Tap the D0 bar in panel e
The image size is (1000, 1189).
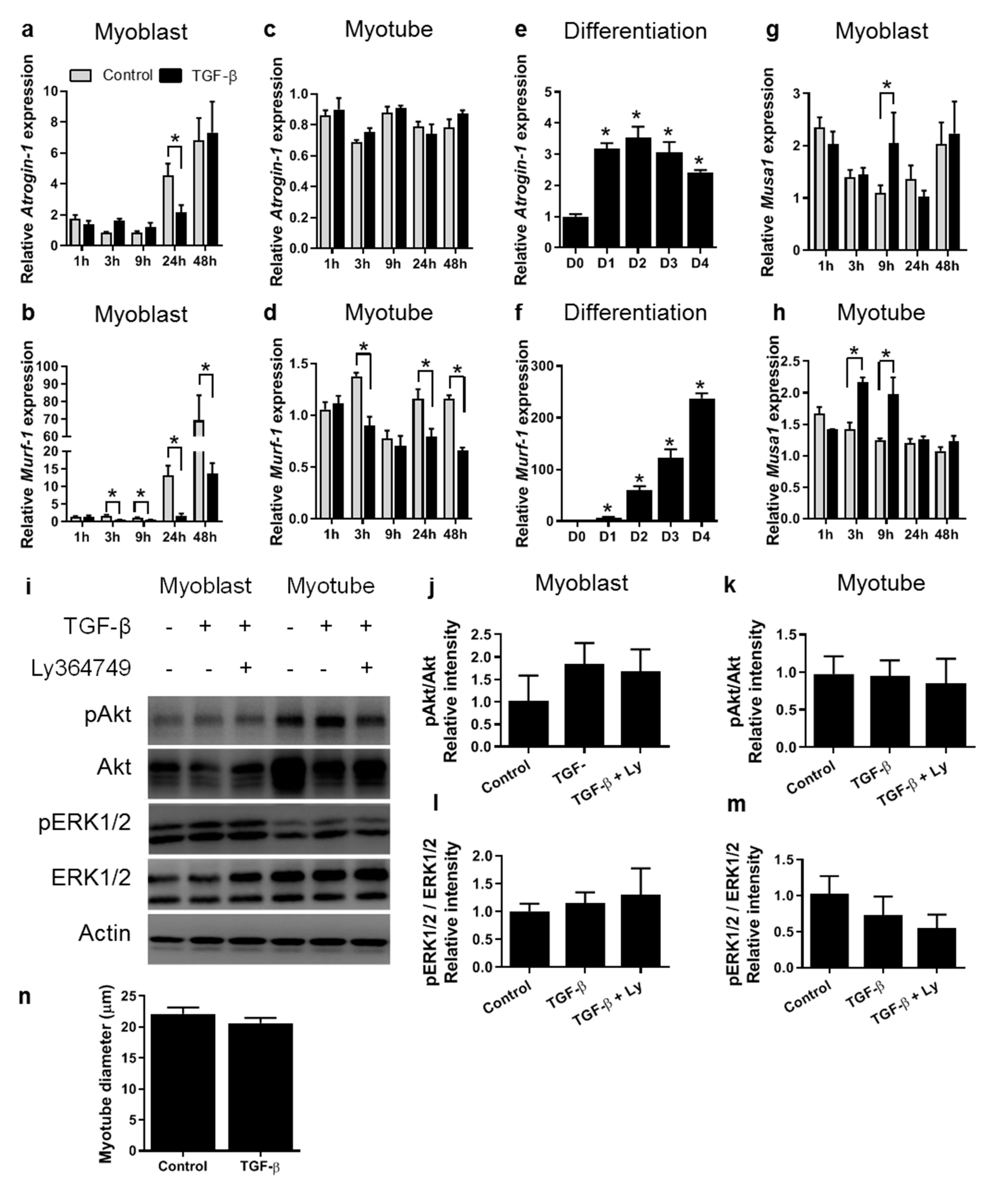(x=575, y=233)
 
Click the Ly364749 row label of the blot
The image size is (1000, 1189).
(x=81, y=668)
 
